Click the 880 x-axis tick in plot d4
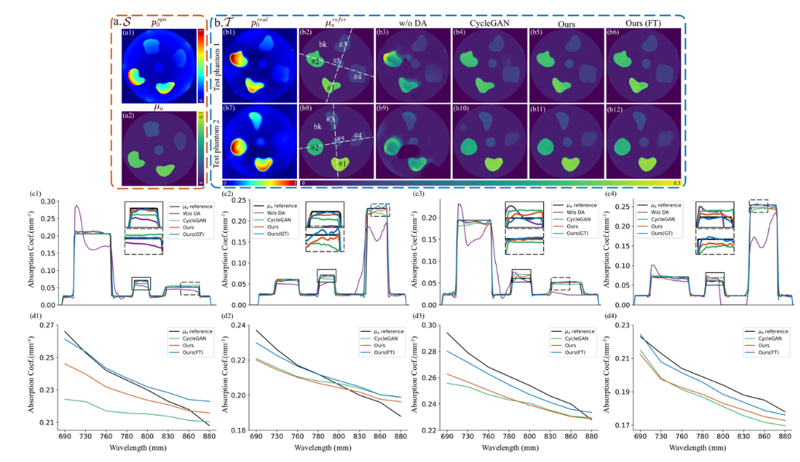784,437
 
